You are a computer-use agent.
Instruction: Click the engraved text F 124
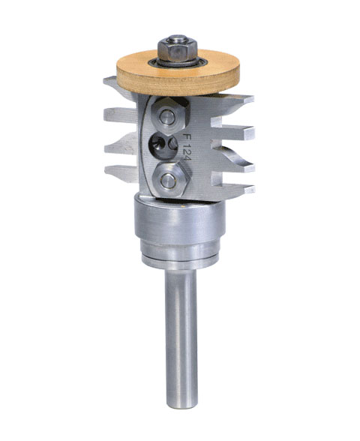(187, 147)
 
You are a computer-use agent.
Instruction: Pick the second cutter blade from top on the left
(120, 116)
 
